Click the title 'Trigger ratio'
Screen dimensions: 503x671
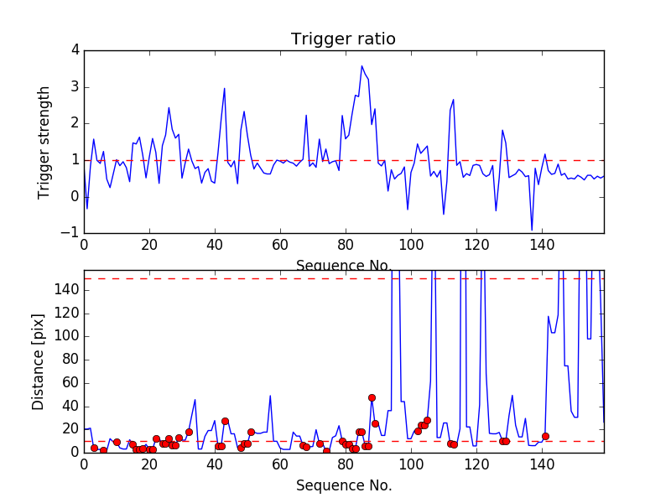(x=343, y=39)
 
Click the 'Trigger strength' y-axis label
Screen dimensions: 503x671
(x=44, y=142)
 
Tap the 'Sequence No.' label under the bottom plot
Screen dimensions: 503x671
(x=344, y=485)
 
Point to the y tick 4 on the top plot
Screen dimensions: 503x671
(x=75, y=50)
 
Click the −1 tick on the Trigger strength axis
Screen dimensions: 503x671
(x=70, y=233)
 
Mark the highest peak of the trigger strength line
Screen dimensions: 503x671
(x=362, y=66)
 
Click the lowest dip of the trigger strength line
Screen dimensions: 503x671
(x=532, y=230)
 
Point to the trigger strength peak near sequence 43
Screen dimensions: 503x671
(x=225, y=88)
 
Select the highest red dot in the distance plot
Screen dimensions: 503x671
(x=372, y=397)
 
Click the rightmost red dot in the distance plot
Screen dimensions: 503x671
(x=545, y=436)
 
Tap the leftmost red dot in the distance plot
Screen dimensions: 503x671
(x=94, y=449)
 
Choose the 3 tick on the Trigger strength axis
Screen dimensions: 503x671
(x=75, y=87)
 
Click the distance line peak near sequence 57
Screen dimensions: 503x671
(x=270, y=396)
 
